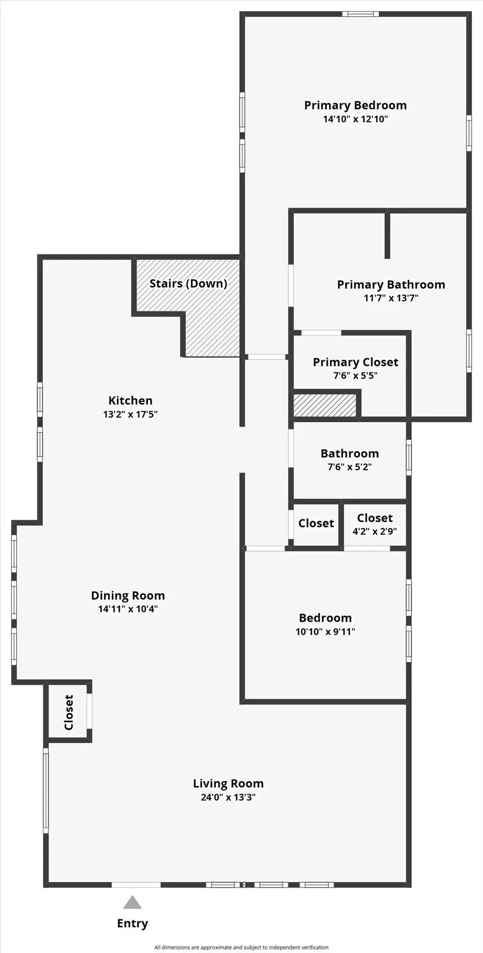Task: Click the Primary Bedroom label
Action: coord(355,105)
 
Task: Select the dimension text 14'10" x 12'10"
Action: coord(355,119)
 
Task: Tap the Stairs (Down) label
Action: coord(188,283)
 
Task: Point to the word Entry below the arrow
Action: coord(132,923)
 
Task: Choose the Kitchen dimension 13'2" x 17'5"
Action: coord(130,414)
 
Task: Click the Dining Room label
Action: coord(128,596)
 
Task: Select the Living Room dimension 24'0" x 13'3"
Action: coord(228,797)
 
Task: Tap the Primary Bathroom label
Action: coord(391,285)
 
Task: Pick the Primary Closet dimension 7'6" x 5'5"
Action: coord(355,376)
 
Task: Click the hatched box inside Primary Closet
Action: coord(324,405)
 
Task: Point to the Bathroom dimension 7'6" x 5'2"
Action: coord(349,467)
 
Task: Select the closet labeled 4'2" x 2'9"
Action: coord(375,525)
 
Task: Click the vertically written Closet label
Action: coord(69,712)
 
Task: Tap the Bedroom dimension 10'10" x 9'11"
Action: coord(325,632)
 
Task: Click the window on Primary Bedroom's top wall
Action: coord(360,14)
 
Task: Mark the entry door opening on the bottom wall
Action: coord(136,884)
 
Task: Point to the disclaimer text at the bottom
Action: coord(241,947)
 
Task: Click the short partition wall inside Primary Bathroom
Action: coord(387,235)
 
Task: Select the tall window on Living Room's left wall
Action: coord(46,791)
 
